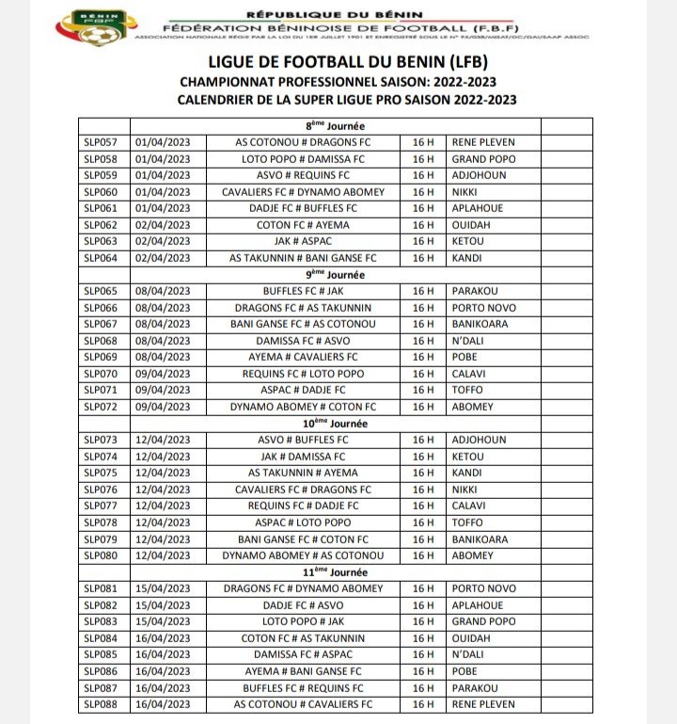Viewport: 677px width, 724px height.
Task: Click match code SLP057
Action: (x=101, y=142)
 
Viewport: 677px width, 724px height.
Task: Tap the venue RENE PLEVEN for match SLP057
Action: (x=483, y=142)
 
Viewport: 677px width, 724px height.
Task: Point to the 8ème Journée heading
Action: (x=336, y=125)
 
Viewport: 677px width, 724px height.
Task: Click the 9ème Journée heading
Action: (x=336, y=274)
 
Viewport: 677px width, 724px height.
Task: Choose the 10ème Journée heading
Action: (x=336, y=423)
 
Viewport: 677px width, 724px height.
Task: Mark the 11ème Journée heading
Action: (x=336, y=571)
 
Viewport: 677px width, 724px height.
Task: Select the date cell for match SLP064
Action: (x=164, y=258)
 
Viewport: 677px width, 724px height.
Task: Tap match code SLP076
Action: (x=101, y=490)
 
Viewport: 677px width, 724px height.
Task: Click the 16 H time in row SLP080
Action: (x=423, y=555)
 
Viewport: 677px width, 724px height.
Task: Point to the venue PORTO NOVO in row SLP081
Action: (x=484, y=588)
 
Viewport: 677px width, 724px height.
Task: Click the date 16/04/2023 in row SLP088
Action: (x=164, y=704)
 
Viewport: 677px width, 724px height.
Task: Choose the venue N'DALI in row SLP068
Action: (x=470, y=341)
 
